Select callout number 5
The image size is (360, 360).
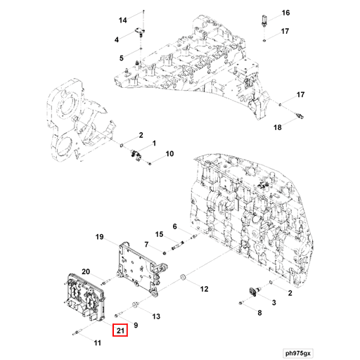[x=120, y=57]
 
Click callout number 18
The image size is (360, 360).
[x=277, y=127]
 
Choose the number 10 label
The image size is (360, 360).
[x=169, y=153]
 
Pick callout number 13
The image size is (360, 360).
[x=156, y=316]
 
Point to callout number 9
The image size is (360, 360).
[x=135, y=325]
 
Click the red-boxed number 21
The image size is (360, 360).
[x=120, y=331]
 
